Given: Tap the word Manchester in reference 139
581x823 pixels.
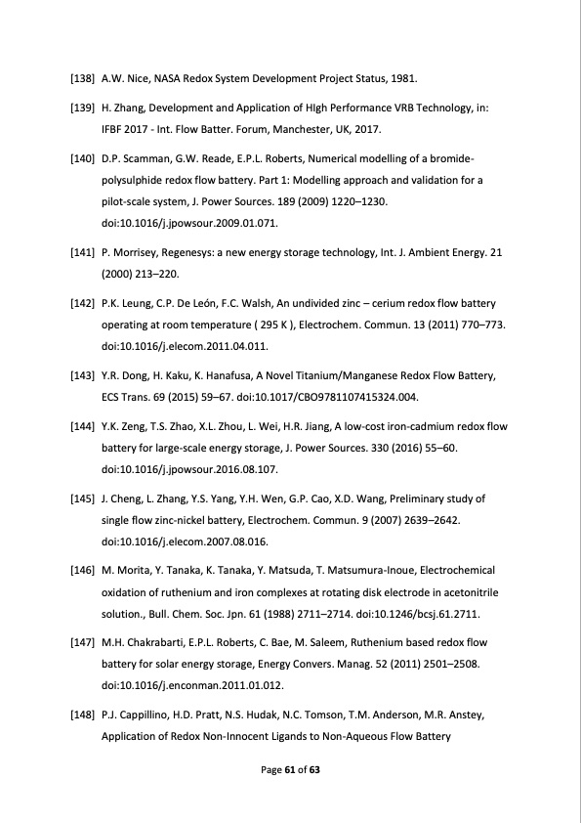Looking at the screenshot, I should tap(285, 130).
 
